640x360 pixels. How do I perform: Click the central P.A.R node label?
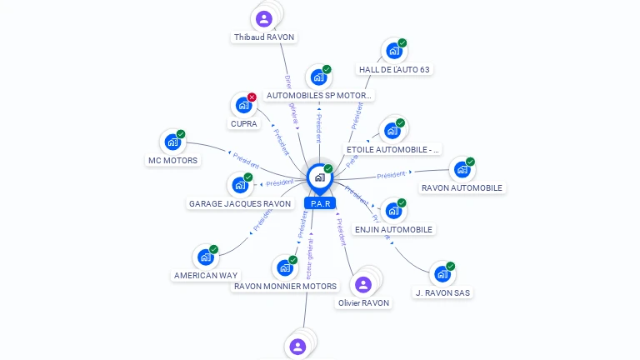pos(320,203)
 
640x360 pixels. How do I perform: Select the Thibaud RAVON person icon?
pos(264,18)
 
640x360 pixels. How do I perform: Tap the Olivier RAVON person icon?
pos(362,285)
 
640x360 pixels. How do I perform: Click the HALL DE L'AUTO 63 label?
pos(394,70)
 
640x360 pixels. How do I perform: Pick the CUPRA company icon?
pos(242,106)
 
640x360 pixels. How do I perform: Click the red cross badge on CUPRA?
pos(252,97)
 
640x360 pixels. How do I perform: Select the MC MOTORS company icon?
pos(172,142)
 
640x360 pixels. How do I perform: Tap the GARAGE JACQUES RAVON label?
pos(240,203)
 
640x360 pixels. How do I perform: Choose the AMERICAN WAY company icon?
pos(205,257)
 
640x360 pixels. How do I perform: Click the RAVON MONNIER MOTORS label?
pos(285,286)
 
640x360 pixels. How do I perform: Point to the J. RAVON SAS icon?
pos(442,274)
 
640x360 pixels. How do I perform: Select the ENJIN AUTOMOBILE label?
pos(394,229)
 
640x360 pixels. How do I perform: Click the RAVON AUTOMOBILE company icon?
pos(462,170)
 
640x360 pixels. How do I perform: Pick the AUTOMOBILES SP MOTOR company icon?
pos(318,77)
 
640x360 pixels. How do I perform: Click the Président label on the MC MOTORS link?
pos(246,157)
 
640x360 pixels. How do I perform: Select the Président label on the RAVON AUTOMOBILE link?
pos(391,175)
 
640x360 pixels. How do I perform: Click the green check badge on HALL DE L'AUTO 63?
pos(402,42)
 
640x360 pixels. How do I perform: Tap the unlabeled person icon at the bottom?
pos(297,346)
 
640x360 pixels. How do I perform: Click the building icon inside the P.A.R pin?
pos(319,177)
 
